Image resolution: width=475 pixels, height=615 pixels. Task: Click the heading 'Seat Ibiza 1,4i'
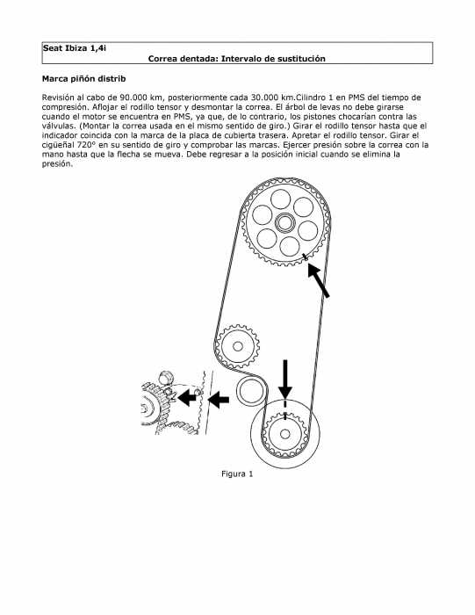pos(75,48)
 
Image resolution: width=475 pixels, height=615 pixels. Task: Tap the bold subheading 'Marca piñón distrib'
pos(84,79)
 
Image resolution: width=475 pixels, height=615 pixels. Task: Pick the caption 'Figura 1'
pos(237,474)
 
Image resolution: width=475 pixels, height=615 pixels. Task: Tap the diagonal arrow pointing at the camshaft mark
pos(318,280)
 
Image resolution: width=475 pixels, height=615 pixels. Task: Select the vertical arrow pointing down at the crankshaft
pos(285,380)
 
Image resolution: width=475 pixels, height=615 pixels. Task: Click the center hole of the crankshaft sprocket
pos(285,434)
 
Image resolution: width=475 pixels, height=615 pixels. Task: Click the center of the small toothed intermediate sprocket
pos(237,346)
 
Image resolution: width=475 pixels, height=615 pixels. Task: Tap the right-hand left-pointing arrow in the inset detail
pos(219,400)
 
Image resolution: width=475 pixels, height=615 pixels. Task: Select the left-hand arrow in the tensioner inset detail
pos(187,398)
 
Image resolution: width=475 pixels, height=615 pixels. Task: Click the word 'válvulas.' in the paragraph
pos(59,126)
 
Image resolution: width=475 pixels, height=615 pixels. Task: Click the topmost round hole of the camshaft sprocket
pos(281,199)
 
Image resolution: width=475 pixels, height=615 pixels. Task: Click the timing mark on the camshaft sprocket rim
pos(305,257)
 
